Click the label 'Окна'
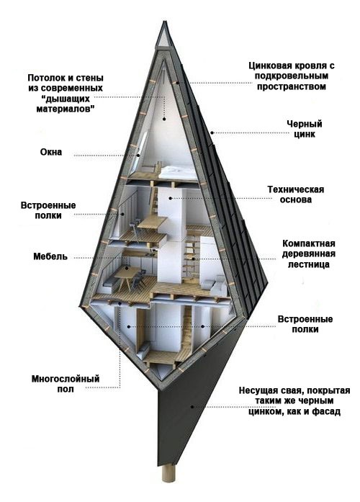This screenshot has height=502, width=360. pos(51,153)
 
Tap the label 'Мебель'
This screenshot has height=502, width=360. pos(50,256)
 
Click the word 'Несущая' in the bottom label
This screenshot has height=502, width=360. pos(260,390)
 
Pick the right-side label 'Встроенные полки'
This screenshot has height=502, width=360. pos(305,323)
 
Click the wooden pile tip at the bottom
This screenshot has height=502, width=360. pos(168,476)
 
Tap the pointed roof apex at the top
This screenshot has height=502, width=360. pos(165,29)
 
